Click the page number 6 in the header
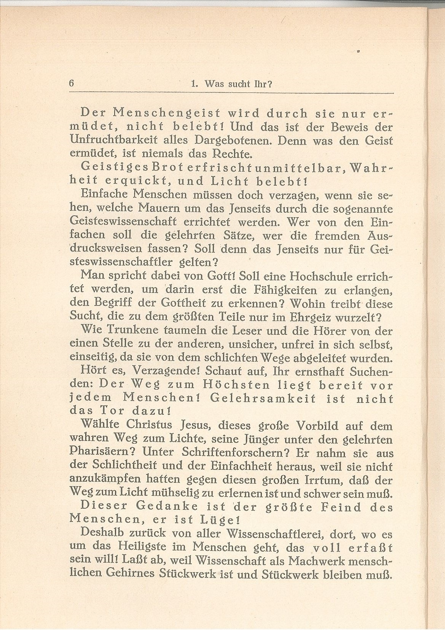[x=71, y=84]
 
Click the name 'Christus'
[x=153, y=425]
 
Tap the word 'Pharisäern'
[x=103, y=453]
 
